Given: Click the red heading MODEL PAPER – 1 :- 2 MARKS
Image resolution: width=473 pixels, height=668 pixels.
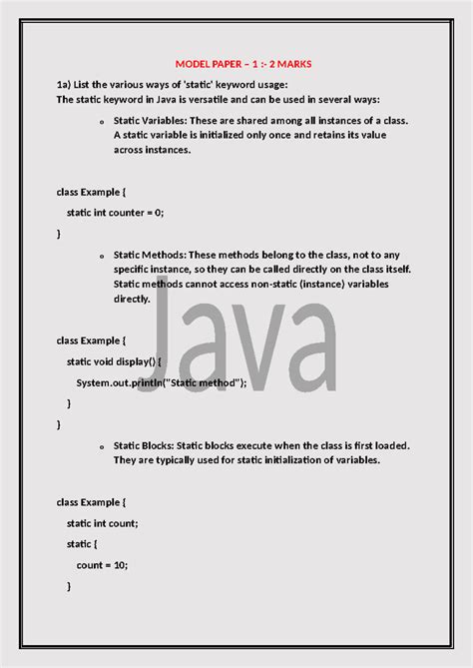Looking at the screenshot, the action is [243, 64].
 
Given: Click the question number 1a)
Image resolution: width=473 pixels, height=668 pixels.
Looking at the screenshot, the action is [67, 85].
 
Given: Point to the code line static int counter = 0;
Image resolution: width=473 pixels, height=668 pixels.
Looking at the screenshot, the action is [115, 212].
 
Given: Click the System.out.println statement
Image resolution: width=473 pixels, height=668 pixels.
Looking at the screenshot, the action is [162, 381].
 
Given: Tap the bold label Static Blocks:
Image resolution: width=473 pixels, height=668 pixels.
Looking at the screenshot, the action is [146, 445].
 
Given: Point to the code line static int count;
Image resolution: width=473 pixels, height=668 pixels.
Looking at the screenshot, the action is [103, 522].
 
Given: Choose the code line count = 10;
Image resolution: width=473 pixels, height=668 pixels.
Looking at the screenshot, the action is [102, 564].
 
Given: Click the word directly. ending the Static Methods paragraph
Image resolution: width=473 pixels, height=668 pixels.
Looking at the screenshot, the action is [131, 299].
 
